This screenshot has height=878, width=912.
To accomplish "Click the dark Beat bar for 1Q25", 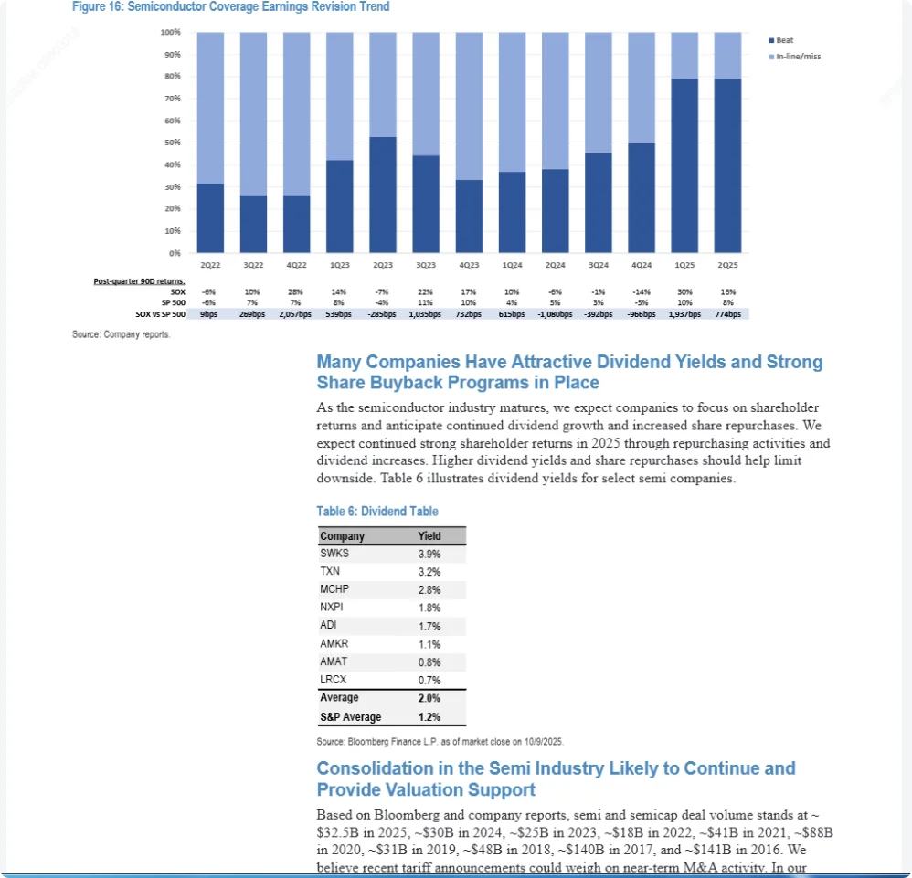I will (684, 165).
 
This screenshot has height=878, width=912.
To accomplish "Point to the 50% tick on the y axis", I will (172, 143).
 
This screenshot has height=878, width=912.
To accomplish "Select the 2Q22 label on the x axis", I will (209, 264).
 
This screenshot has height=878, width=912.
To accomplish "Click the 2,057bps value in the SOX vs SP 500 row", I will (294, 314).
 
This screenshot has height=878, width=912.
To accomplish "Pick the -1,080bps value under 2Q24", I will (555, 314).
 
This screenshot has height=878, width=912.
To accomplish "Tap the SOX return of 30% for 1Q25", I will (684, 291).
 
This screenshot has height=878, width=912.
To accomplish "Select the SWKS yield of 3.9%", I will (429, 554).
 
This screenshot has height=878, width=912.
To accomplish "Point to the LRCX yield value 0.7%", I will (429, 680).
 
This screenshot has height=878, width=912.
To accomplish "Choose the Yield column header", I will (429, 536).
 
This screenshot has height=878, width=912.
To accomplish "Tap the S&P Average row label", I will (351, 717).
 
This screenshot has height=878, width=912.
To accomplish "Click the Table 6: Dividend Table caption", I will (377, 512).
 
